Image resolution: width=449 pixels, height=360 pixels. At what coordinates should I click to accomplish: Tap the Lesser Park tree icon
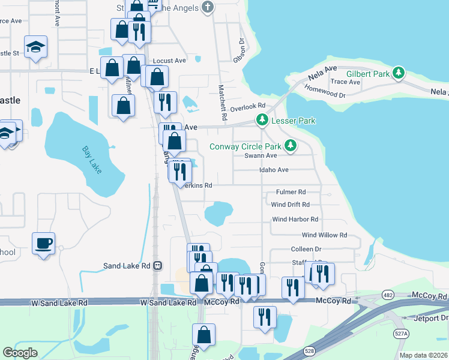pyautogui.click(x=262, y=121)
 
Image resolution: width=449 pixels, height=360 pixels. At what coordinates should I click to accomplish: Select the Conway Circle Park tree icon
pyautogui.click(x=291, y=146)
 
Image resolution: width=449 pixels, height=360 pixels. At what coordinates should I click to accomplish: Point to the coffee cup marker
pyautogui.click(x=43, y=244)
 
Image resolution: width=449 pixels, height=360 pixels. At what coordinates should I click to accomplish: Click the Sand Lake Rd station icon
pyautogui.click(x=157, y=266)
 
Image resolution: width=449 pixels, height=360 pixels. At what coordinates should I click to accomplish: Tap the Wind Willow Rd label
pyautogui.click(x=324, y=235)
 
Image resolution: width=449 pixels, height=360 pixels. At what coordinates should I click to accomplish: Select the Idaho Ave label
pyautogui.click(x=274, y=170)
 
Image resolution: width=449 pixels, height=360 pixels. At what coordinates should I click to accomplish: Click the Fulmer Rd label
pyautogui.click(x=291, y=192)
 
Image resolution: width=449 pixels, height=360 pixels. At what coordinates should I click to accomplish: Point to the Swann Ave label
pyautogui.click(x=260, y=155)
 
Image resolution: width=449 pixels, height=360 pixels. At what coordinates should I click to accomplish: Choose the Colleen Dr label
pyautogui.click(x=306, y=249)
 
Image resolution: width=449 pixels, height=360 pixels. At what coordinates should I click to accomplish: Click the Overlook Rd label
pyautogui.click(x=247, y=106)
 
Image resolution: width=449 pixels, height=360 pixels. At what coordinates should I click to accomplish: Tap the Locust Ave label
pyautogui.click(x=169, y=61)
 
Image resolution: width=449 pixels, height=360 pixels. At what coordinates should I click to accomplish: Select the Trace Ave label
pyautogui.click(x=345, y=82)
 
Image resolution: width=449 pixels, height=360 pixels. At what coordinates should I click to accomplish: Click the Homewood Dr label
pyautogui.click(x=325, y=95)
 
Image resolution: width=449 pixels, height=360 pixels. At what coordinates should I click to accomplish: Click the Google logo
pyautogui.click(x=20, y=353)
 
